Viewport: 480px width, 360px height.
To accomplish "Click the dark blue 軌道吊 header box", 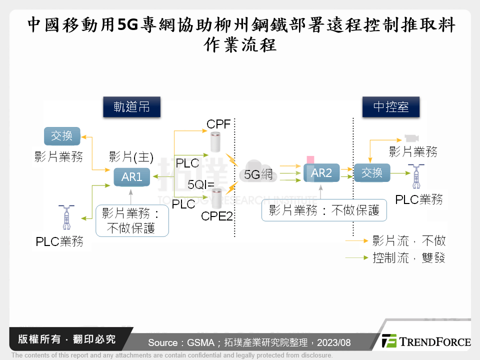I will pyautogui.click(x=131, y=107).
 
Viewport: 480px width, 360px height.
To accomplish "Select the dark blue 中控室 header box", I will pyautogui.click(x=391, y=107).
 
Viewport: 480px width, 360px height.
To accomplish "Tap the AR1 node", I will pyautogui.click(x=132, y=176).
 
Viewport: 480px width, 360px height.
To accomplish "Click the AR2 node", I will pyautogui.click(x=322, y=173).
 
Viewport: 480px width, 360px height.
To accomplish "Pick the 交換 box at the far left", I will pyautogui.click(x=61, y=135).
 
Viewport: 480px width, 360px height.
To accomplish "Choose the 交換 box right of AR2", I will pyautogui.click(x=371, y=173).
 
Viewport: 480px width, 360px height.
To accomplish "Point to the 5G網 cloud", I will pyautogui.click(x=258, y=173).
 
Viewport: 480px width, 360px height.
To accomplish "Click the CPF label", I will pyautogui.click(x=219, y=123).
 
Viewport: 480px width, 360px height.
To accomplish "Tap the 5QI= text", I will pyautogui.click(x=201, y=185).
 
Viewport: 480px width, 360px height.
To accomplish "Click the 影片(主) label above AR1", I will pyautogui.click(x=131, y=157).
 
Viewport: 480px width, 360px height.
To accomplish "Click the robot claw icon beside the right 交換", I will pyautogui.click(x=416, y=175).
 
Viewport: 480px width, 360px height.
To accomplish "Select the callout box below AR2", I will pyautogui.click(x=324, y=210).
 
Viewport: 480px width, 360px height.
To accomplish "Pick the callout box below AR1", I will pyautogui.click(x=132, y=220).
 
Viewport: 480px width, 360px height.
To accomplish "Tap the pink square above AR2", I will pyautogui.click(x=310, y=159).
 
